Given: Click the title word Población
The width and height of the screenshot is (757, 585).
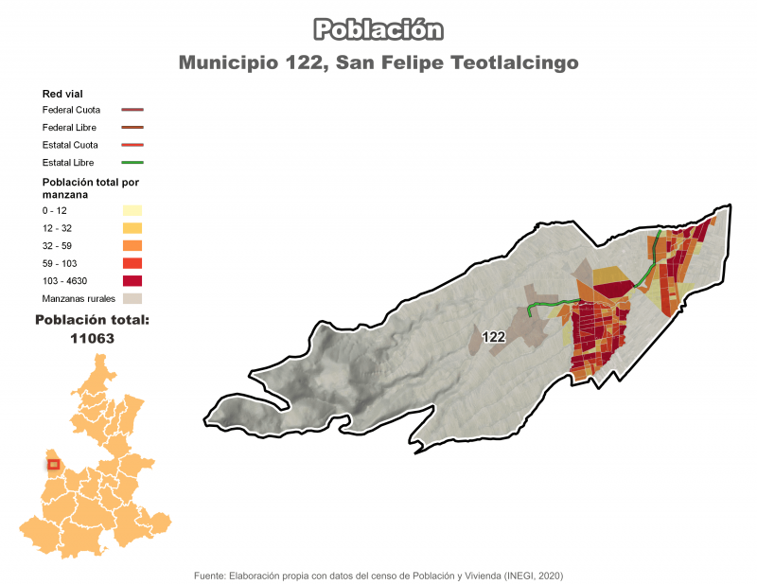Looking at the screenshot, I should point(378,29).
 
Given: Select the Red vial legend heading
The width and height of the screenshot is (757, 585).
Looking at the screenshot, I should point(63,94).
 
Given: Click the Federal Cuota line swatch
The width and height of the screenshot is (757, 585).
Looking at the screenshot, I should point(132,110).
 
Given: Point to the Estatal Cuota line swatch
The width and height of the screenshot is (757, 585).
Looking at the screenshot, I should point(132,145).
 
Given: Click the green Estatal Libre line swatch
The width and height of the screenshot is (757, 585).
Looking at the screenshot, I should point(132,163).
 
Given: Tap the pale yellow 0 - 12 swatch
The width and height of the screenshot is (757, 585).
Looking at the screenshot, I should point(132,210).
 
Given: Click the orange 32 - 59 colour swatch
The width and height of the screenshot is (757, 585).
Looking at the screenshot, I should point(132,245).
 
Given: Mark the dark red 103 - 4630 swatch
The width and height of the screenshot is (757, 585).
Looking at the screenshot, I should point(132,280).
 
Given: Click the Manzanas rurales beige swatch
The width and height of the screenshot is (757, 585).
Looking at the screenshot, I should point(132,298).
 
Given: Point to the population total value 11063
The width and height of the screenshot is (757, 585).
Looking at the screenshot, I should point(92,337).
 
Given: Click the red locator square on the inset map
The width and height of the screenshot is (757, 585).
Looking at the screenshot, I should point(54,464).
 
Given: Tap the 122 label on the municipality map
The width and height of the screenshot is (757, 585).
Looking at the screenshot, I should point(492,337).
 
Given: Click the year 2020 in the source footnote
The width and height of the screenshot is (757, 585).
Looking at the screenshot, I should point(549,576).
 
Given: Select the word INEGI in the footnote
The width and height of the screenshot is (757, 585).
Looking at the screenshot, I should point(519,576).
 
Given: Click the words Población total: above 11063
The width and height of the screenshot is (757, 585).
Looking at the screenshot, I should point(92,320).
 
